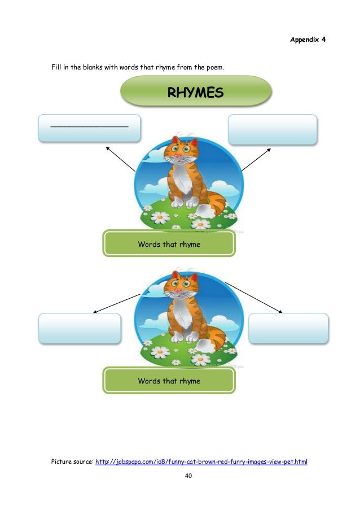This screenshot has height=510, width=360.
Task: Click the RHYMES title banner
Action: (196, 93)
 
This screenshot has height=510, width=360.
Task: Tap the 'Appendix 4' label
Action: (308, 40)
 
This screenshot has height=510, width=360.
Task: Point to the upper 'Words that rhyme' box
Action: (169, 244)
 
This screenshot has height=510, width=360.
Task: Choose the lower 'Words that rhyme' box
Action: (169, 381)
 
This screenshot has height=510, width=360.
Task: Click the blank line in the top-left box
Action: (89, 126)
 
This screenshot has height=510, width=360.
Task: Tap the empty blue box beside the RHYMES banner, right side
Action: (273, 129)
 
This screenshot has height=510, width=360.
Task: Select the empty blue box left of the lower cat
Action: (80, 328)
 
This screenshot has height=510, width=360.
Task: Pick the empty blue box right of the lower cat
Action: (288, 328)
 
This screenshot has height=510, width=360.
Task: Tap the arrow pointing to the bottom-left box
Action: (116, 303)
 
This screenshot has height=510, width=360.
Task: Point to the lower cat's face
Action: (181, 288)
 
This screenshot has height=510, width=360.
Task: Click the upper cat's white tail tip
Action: (207, 211)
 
